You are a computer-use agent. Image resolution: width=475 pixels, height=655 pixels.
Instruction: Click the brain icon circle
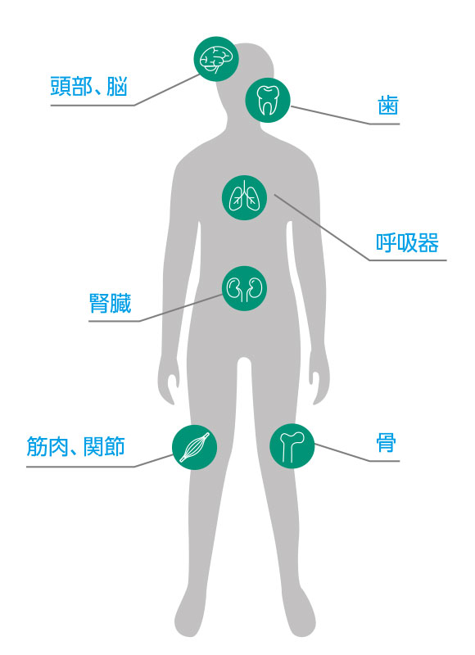[x=216, y=59]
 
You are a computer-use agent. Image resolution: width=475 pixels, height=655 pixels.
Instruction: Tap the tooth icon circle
[x=268, y=100]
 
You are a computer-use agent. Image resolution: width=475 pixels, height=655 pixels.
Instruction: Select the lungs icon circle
[x=244, y=197]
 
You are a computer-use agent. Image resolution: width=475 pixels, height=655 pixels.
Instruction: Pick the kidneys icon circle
[x=244, y=288]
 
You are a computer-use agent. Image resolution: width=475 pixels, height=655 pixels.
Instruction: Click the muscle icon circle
[x=195, y=447]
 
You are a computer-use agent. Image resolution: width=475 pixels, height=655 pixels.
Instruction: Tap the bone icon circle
[x=292, y=445]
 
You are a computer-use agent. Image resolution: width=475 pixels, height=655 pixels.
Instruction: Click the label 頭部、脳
[x=88, y=87]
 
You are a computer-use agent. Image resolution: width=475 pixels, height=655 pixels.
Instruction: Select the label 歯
[x=388, y=105]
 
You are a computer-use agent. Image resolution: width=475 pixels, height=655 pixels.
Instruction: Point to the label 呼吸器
[x=407, y=242]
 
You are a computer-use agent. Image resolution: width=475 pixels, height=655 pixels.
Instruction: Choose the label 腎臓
[x=111, y=303]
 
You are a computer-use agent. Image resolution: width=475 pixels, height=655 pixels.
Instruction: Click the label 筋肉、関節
[x=75, y=446]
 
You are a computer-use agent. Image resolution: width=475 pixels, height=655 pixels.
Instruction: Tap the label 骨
[x=386, y=443]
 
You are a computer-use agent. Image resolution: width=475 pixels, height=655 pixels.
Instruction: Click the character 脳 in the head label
[x=117, y=87]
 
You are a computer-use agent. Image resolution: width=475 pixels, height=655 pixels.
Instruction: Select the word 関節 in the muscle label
[x=105, y=446]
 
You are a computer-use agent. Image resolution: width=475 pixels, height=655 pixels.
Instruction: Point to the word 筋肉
[x=47, y=446]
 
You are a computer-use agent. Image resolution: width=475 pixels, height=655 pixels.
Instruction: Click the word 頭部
[x=71, y=87]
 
